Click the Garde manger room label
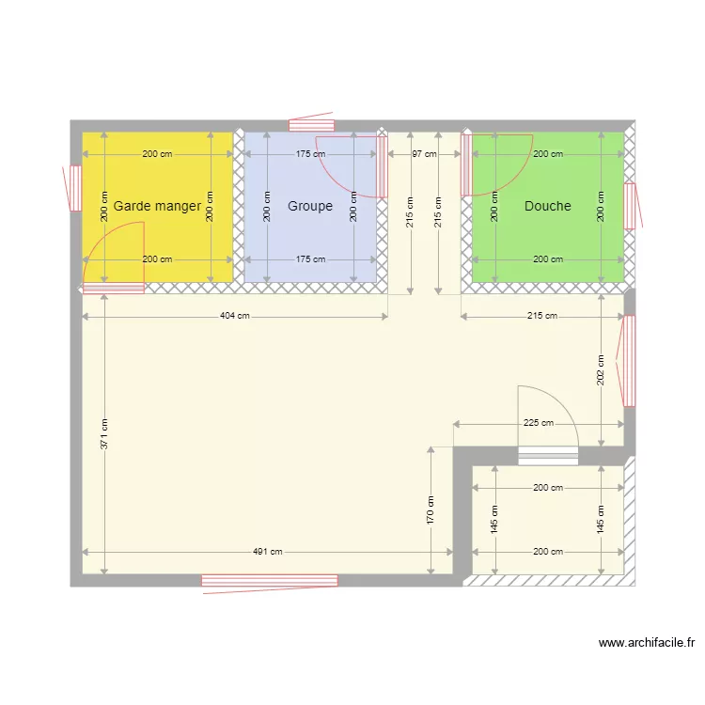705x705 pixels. point(157,206)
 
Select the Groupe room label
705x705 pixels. point(310,206)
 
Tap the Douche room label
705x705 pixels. point(548,206)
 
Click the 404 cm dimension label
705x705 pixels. point(235,316)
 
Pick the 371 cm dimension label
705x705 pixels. point(104,433)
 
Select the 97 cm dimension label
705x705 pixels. point(425,153)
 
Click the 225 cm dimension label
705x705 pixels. point(539,423)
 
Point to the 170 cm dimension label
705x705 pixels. point(431,510)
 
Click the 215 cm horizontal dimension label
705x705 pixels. point(542,316)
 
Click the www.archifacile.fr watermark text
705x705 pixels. point(647,644)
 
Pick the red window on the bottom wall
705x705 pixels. point(270,581)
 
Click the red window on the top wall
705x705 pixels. point(310,124)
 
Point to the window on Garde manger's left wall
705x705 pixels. point(74,188)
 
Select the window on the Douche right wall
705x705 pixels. point(631,205)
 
